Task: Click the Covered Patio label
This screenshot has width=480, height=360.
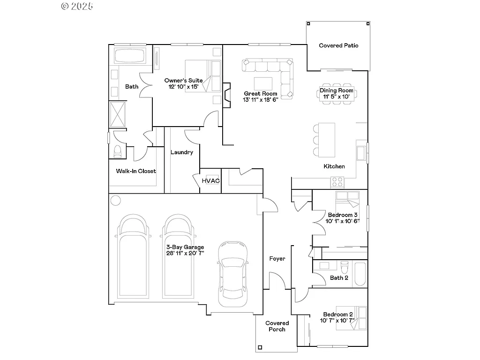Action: (338, 45)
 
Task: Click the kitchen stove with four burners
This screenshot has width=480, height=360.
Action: (337, 181)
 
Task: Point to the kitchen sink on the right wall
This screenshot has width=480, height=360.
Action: (361, 153)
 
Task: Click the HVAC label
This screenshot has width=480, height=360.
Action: (210, 181)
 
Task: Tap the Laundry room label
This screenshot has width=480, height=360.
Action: (181, 152)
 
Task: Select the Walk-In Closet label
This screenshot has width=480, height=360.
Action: (136, 171)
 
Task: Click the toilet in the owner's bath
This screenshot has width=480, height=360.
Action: (118, 151)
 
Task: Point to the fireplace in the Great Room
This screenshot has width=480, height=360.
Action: (227, 93)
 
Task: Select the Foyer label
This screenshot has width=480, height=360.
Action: (277, 258)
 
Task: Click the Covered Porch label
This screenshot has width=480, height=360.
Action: (277, 326)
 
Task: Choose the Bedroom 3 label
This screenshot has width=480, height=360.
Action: (343, 215)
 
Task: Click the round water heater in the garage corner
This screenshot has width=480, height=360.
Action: (115, 200)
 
